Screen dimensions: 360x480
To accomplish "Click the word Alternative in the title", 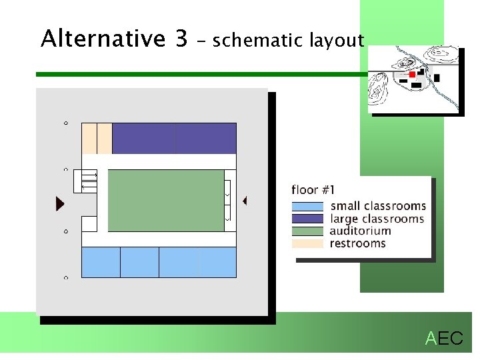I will [x=103, y=39].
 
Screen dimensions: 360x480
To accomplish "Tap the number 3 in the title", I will [x=181, y=39].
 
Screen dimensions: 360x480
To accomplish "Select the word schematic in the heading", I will [x=258, y=41].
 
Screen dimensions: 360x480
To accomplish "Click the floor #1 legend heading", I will [x=313, y=190].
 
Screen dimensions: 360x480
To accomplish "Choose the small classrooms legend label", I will [x=378, y=206].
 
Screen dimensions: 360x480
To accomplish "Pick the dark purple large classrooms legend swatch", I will [x=307, y=219].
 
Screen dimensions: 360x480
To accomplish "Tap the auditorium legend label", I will [x=360, y=231].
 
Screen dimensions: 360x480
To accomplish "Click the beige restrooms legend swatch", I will [x=307, y=243].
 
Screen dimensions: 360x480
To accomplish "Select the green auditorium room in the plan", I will [x=165, y=200].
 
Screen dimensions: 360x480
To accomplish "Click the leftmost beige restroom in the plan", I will [x=89, y=138].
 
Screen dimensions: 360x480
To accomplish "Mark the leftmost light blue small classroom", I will [x=101, y=262].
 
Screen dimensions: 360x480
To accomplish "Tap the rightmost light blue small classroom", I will [x=217, y=262].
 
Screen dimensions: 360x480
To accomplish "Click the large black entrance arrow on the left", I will [x=60, y=203].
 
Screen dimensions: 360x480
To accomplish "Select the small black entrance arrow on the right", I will [x=245, y=200].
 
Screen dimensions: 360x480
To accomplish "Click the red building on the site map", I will [x=412, y=74].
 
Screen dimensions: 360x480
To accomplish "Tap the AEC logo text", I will [x=444, y=339].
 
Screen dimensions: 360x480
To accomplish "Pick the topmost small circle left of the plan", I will [x=65, y=123].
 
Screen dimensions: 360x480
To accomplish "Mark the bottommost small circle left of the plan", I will [x=65, y=277].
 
